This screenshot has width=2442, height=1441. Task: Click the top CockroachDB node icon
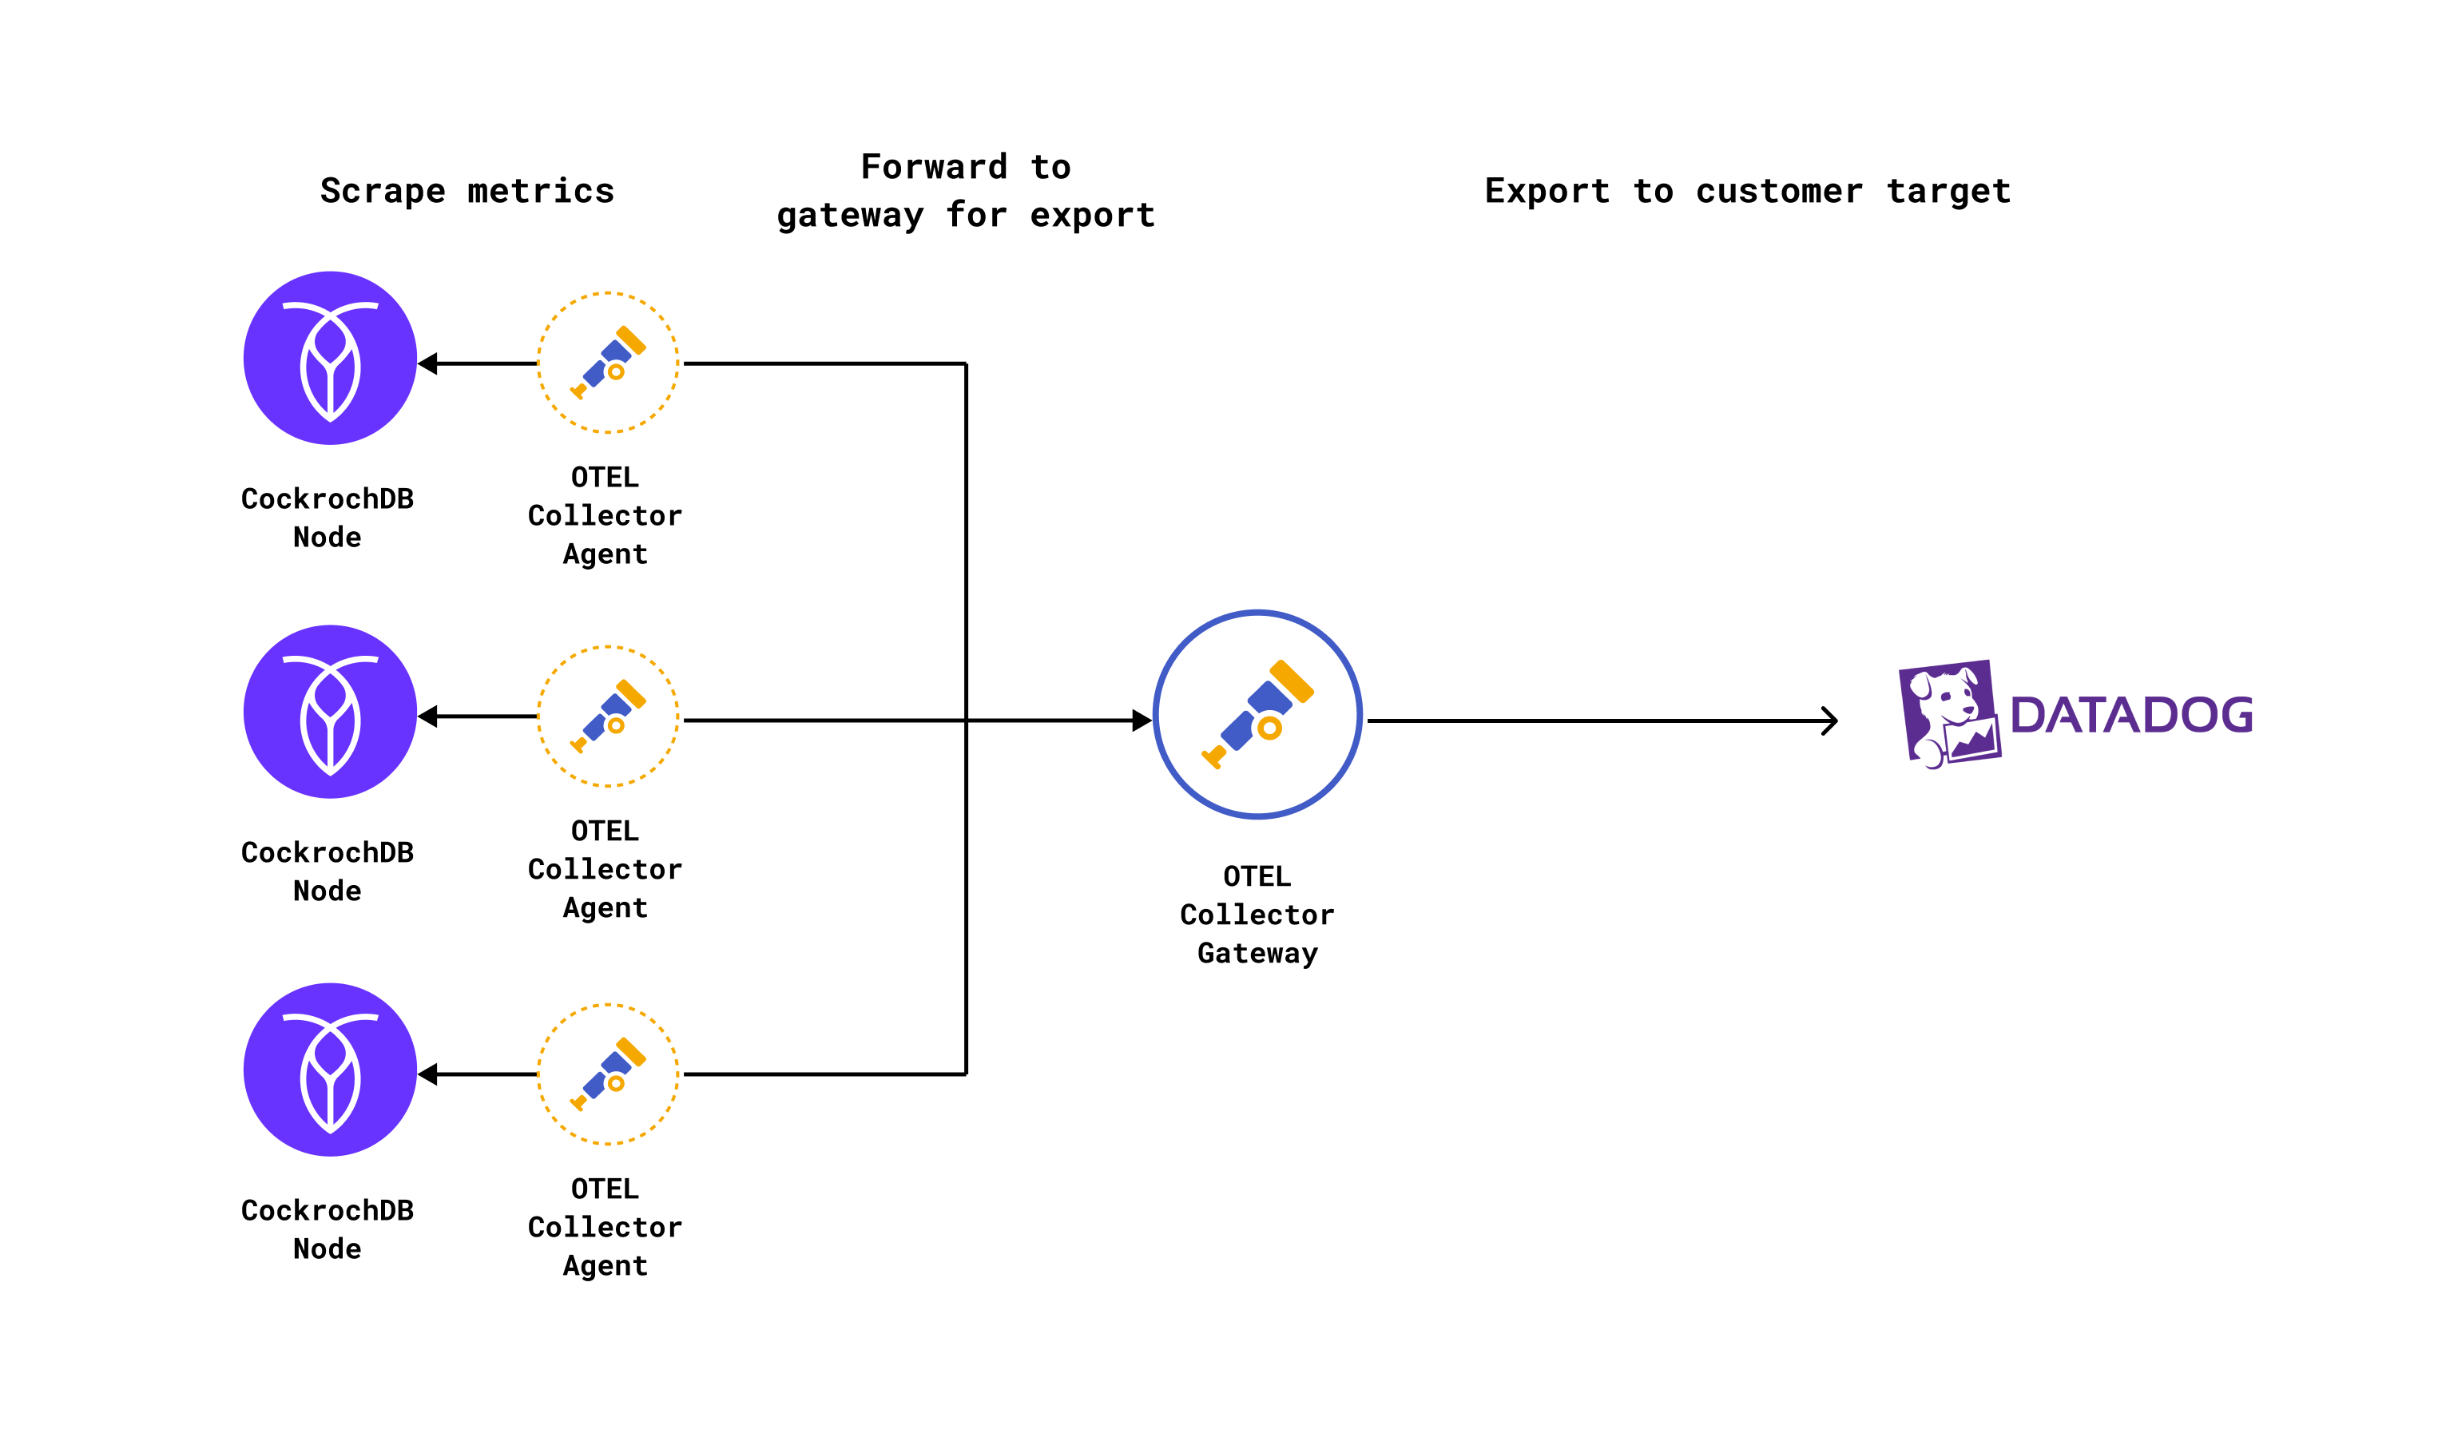pos(330,359)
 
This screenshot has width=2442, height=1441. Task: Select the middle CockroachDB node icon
pos(330,712)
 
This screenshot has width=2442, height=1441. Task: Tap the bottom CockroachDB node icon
pos(330,1070)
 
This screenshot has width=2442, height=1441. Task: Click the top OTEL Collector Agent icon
pos(608,362)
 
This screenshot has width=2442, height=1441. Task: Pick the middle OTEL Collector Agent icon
pos(608,717)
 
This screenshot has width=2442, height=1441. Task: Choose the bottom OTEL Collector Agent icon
pos(608,1074)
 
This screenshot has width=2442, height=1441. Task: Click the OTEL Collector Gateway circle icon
pos(1257,715)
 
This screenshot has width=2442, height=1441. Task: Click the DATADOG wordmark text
pos(2130,716)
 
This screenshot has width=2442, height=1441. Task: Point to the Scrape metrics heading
pos(467,191)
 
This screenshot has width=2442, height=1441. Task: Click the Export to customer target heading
pos(1748,191)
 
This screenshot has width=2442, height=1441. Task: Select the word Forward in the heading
pos(933,167)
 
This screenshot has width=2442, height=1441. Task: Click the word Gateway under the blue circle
pos(1257,954)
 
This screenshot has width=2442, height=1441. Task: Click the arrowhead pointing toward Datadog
pos(1829,720)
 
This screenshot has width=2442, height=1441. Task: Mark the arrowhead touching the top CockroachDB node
pos(428,364)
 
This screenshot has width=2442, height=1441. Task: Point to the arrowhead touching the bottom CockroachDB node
pos(428,1074)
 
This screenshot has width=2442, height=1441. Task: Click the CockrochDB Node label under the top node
pos(328,518)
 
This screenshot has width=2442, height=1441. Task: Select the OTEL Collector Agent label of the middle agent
pos(605,869)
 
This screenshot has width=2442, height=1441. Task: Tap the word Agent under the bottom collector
pos(605,1266)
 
